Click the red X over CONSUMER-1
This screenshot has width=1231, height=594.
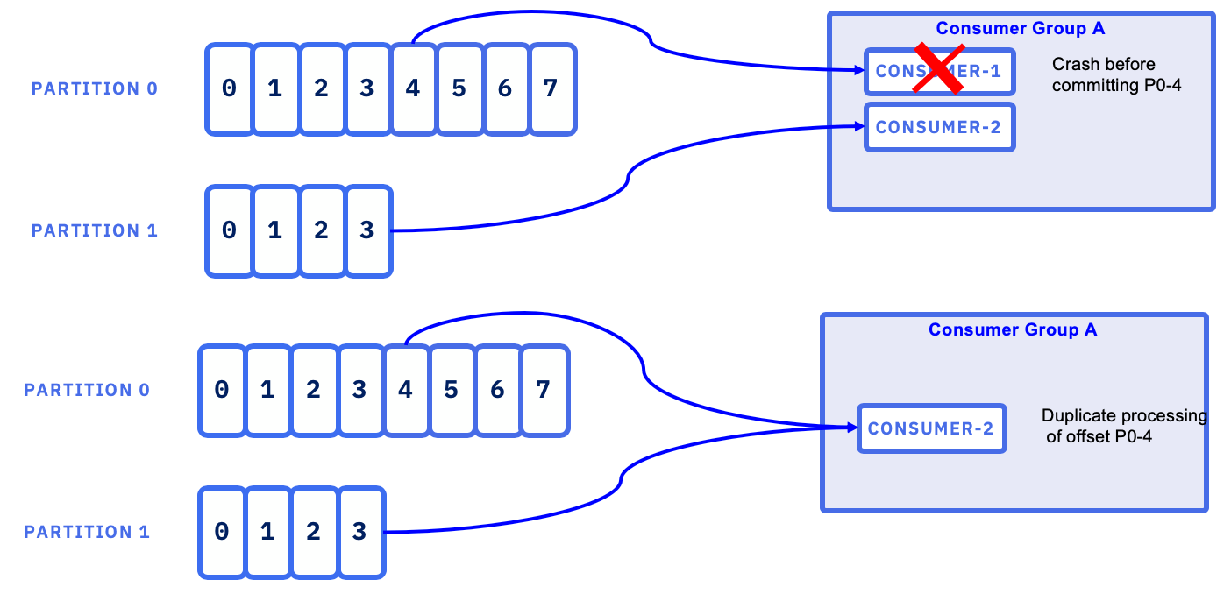coord(937,68)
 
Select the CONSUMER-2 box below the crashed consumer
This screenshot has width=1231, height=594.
coord(939,128)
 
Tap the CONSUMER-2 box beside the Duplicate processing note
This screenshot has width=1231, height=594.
coord(931,428)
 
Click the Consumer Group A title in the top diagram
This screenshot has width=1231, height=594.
coord(1021,28)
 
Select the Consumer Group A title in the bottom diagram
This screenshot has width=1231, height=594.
coord(1013,329)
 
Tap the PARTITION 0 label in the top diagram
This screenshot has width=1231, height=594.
coord(95,88)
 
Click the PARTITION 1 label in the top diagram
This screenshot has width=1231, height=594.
coord(95,230)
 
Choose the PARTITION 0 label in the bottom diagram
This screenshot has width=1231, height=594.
coord(87,390)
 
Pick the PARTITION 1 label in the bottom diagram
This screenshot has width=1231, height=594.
coord(87,532)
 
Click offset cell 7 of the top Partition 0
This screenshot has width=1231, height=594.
coord(551,88)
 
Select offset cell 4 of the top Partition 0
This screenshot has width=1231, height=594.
coord(413,88)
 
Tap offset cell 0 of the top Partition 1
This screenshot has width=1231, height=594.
coord(229,230)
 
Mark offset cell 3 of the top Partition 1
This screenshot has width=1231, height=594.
coord(367,230)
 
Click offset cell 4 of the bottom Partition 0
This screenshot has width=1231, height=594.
coord(405,390)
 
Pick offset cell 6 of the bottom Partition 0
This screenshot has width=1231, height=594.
coord(497,390)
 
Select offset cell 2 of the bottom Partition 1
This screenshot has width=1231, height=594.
coord(313,532)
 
